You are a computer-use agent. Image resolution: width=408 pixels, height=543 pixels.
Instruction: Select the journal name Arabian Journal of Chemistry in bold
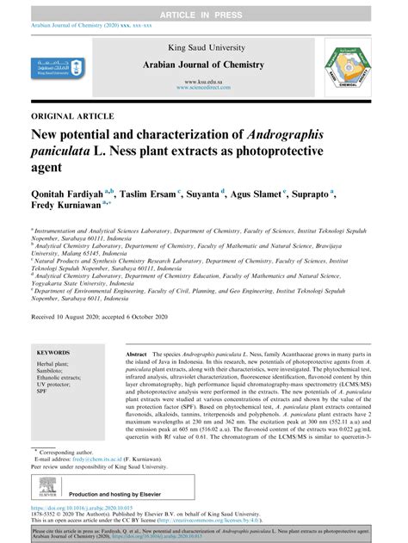(203, 65)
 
